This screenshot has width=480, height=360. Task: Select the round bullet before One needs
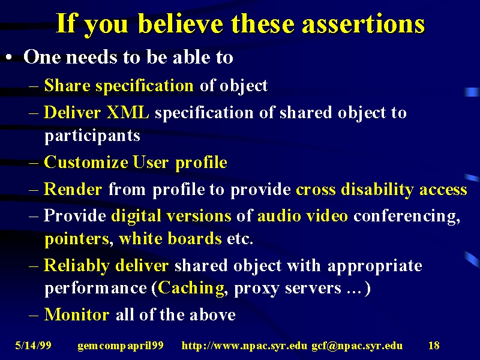10,58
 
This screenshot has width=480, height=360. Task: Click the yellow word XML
127,112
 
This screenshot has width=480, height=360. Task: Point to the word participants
92,136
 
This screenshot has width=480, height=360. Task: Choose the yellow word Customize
86,161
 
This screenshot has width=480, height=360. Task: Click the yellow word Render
73,189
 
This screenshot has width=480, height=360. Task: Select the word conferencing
407,216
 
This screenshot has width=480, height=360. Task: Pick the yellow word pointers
77,239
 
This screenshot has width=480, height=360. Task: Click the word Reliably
77,266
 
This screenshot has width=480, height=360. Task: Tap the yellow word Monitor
77,314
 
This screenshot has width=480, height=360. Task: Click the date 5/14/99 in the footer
34,346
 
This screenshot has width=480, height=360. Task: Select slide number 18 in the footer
434,346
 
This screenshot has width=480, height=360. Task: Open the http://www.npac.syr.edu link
244,346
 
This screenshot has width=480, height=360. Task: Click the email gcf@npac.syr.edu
357,346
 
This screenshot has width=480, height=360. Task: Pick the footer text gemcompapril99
121,346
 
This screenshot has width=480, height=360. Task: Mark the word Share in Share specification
67,85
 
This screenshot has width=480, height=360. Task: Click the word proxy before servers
256,289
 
